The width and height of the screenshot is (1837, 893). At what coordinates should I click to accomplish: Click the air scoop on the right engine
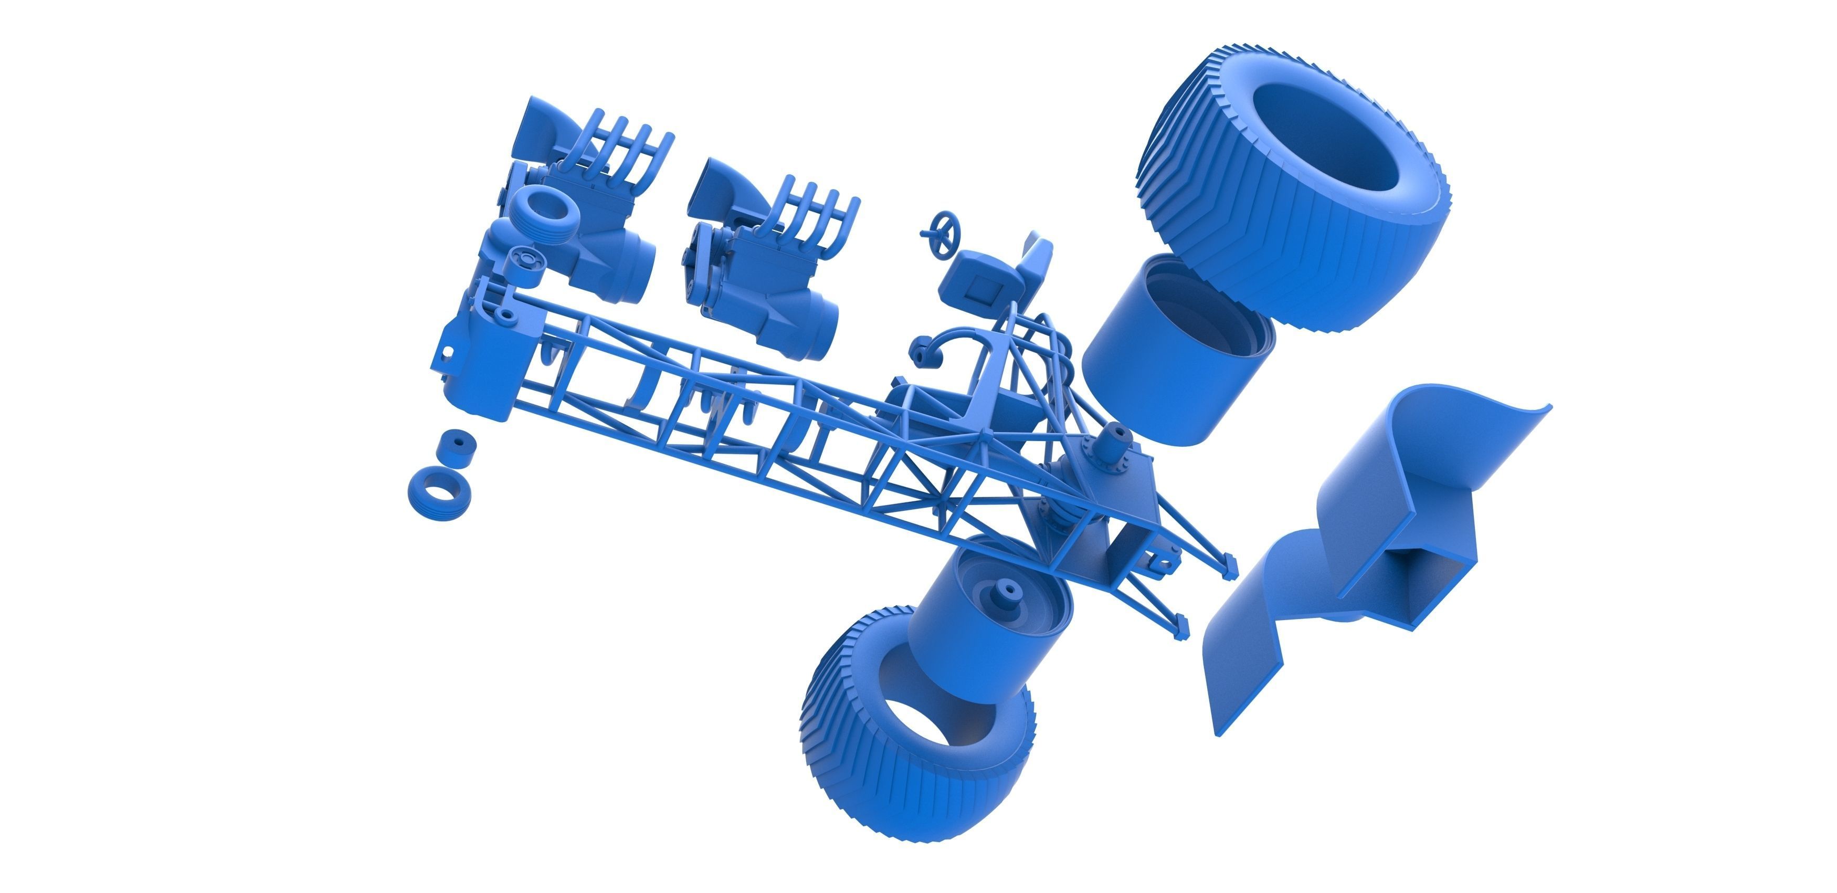716,185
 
